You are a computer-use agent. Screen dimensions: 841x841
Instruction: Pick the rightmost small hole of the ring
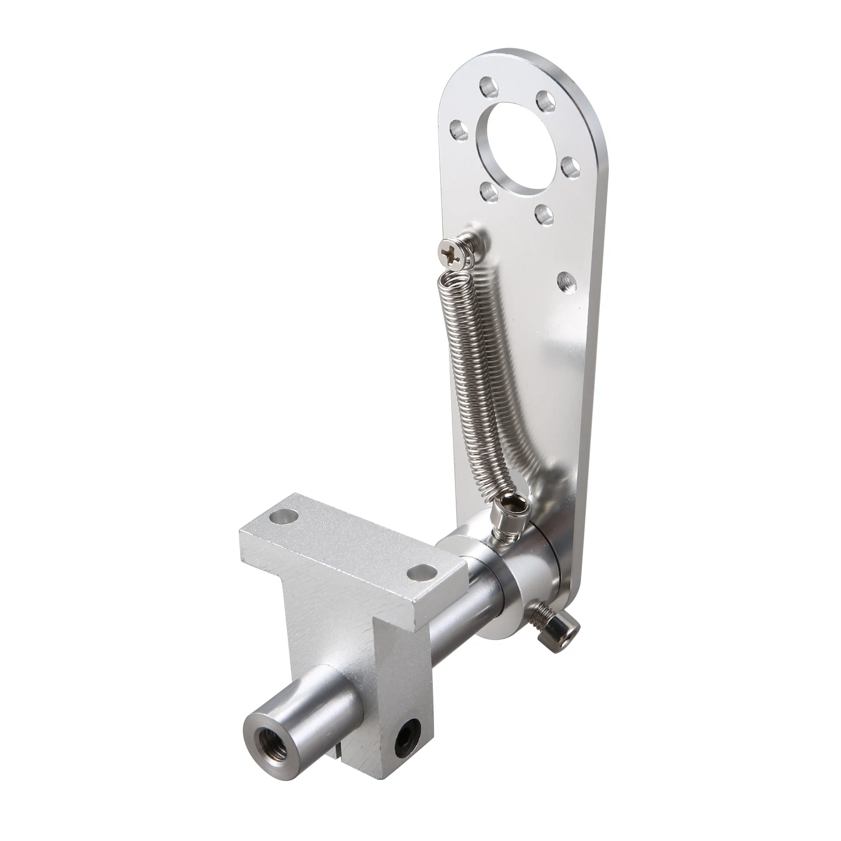coord(570,167)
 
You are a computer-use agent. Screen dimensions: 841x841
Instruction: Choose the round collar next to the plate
coord(493,566)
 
